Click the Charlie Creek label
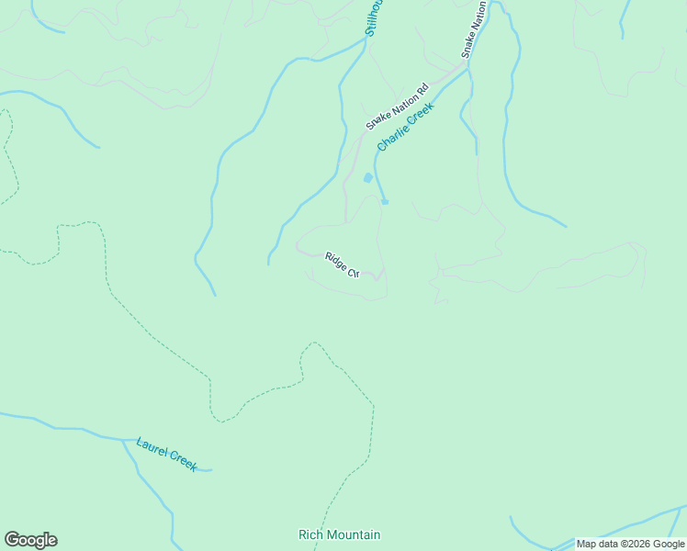pos(405,127)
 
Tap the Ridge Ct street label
pos(341,264)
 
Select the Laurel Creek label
pos(166,454)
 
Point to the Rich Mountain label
pos(339,534)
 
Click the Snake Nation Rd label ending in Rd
pos(397,107)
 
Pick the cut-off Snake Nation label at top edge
pos(473,29)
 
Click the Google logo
pos(30,540)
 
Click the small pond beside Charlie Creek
pos(368,177)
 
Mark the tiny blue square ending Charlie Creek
pos(385,202)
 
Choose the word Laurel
pos(152,447)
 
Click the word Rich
pos(310,534)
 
